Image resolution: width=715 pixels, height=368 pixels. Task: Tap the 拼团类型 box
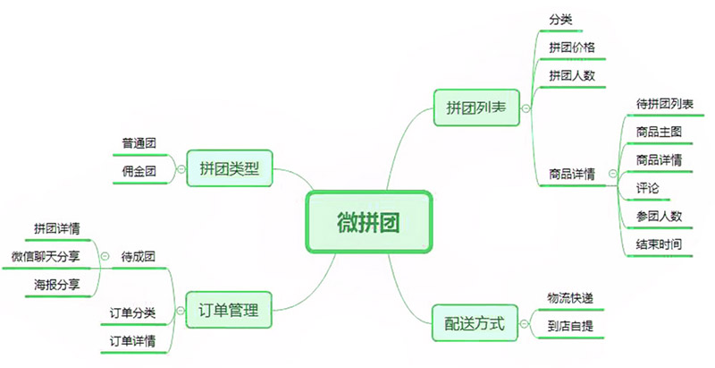[x=229, y=167]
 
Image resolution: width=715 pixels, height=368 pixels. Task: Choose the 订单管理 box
[x=228, y=312]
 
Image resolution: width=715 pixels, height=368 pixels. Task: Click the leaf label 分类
[x=559, y=19]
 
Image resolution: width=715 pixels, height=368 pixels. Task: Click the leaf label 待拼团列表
[x=664, y=104]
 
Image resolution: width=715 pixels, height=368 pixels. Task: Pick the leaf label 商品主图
[x=660, y=132]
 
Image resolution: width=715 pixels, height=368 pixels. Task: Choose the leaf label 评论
[x=647, y=188]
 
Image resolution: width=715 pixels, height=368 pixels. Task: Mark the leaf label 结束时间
[x=660, y=244]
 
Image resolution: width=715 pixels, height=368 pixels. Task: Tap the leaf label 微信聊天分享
[x=46, y=257]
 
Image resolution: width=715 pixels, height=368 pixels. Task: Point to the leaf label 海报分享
[x=56, y=285]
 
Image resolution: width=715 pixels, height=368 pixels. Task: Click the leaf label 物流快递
[x=570, y=297]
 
